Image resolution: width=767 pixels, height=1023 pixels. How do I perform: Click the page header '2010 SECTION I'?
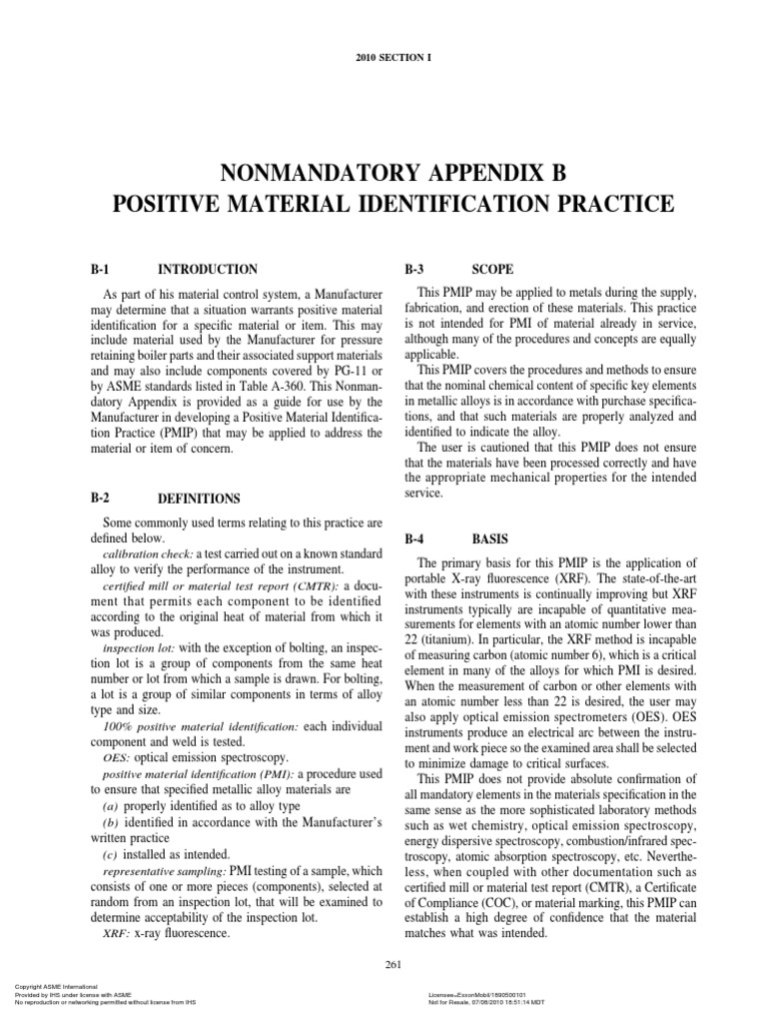pyautogui.click(x=383, y=59)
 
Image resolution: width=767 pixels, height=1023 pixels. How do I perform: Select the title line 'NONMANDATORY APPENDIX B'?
pyautogui.click(x=383, y=173)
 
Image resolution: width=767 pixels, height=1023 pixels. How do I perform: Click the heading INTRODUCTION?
pyautogui.click(x=208, y=270)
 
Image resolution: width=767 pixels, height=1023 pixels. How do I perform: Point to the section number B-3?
pyautogui.click(x=415, y=270)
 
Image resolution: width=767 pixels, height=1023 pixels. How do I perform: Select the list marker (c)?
pyautogui.click(x=115, y=854)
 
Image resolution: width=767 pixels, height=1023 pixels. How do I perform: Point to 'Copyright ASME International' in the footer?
pyautogui.click(x=47, y=989)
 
